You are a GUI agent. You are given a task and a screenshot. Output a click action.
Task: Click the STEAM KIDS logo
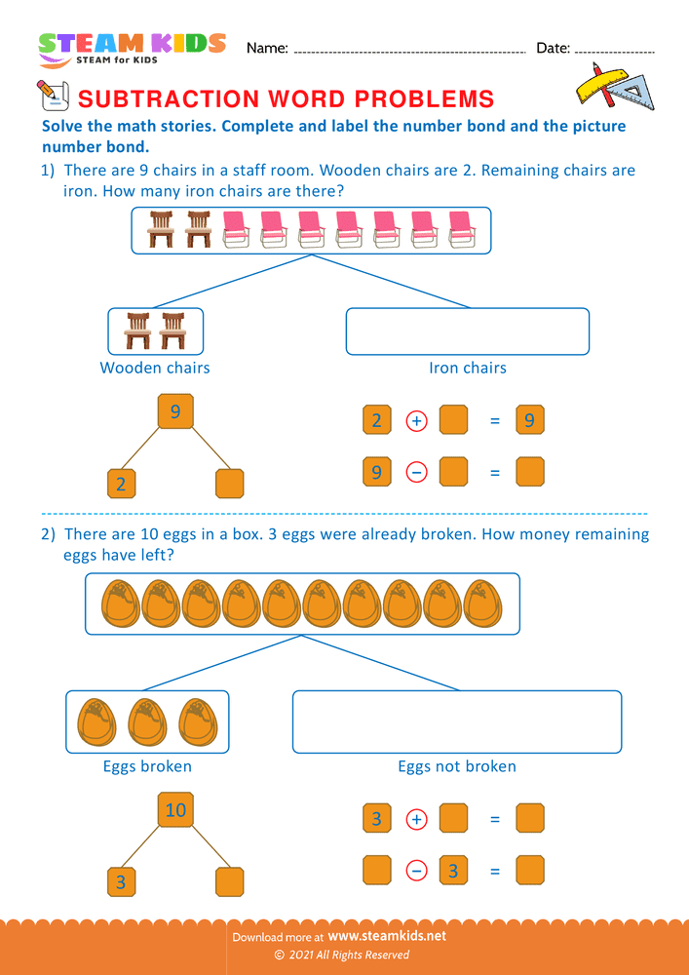(132, 48)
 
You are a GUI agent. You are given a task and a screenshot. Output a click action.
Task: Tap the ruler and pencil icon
(612, 87)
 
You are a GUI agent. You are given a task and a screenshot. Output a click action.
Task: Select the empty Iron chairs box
(467, 331)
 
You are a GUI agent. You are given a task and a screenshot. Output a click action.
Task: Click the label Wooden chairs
(155, 368)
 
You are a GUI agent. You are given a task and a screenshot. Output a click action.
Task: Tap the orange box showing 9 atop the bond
(175, 411)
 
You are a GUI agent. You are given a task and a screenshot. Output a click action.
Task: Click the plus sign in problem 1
(415, 421)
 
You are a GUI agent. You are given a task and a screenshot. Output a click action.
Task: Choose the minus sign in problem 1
(415, 473)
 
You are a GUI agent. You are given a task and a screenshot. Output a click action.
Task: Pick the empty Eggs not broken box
(456, 721)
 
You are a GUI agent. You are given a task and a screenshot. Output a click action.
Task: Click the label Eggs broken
(147, 766)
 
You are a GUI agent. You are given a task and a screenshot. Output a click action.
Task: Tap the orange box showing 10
(175, 809)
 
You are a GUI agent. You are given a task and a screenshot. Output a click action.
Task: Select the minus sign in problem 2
(415, 870)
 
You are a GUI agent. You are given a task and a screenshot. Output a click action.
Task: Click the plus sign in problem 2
(415, 819)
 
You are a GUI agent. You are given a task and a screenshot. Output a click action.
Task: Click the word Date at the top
(552, 48)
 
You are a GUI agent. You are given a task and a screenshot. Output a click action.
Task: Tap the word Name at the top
(267, 48)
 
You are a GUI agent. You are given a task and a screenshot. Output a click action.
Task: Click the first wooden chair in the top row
(160, 230)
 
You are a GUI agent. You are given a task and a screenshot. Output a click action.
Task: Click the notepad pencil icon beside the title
(50, 95)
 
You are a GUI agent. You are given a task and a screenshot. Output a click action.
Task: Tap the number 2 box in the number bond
(121, 484)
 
